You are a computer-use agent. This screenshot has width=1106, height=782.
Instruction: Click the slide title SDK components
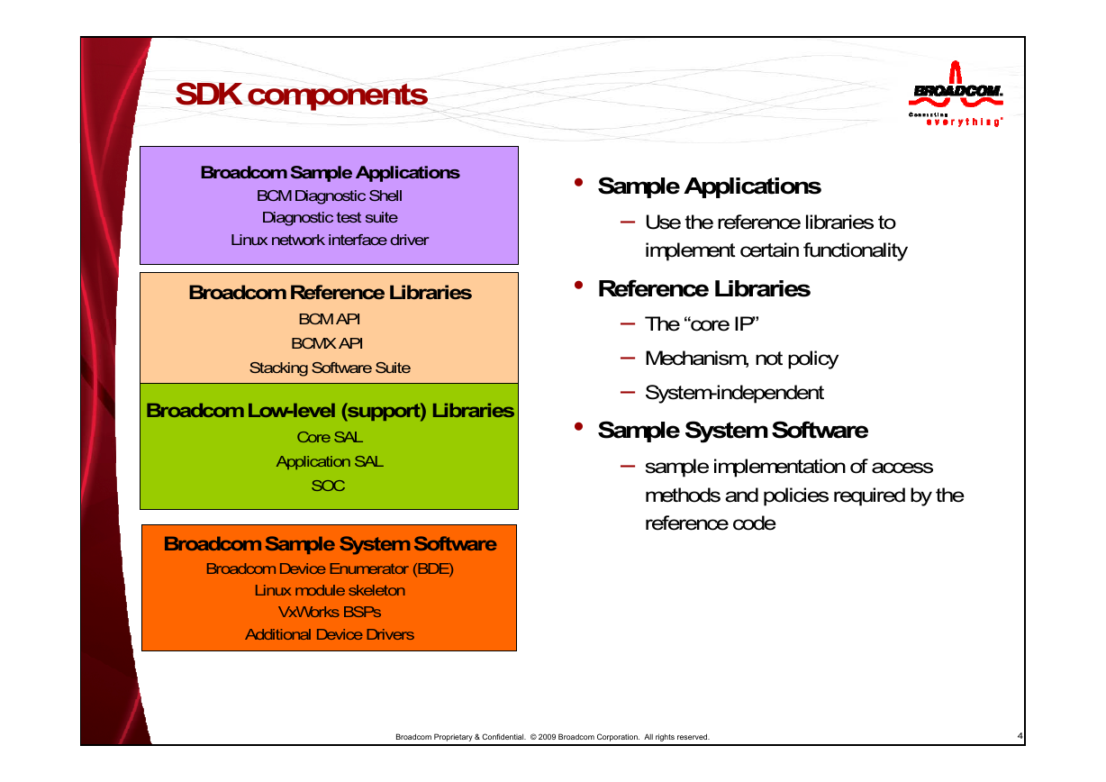coord(301,95)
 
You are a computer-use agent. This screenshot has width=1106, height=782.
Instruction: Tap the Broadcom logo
coord(956,94)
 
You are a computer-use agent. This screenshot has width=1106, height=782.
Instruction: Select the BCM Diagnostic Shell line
coord(330,195)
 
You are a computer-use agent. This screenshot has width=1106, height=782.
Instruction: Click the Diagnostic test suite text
coord(330,217)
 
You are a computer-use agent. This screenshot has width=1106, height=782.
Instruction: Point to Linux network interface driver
coord(330,240)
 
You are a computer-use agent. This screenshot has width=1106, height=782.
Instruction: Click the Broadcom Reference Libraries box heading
coord(330,293)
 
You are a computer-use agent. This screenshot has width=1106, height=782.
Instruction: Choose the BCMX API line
coord(327,343)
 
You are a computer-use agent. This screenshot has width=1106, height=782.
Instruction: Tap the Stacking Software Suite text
coord(330,368)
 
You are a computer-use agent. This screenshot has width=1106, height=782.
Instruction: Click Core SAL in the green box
coord(330,437)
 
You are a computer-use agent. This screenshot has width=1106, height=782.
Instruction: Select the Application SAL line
coord(330,461)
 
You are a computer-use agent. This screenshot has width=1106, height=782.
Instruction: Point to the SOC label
coord(328,486)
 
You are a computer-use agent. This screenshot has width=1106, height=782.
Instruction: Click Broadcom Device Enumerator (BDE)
coord(330,568)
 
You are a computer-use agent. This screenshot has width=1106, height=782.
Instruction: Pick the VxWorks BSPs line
coord(330,612)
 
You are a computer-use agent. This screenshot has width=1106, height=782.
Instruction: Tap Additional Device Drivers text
coord(330,634)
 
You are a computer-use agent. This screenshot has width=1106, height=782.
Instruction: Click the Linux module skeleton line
coord(330,590)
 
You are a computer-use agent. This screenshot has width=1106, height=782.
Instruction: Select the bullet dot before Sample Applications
coord(579,183)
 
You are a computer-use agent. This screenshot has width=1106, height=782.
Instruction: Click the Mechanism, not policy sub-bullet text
coord(741,359)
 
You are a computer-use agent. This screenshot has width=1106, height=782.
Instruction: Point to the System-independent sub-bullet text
coord(734,393)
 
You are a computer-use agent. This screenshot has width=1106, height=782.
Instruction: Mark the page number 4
coord(1020,735)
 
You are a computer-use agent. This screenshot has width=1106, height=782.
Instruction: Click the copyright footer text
coord(552,737)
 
